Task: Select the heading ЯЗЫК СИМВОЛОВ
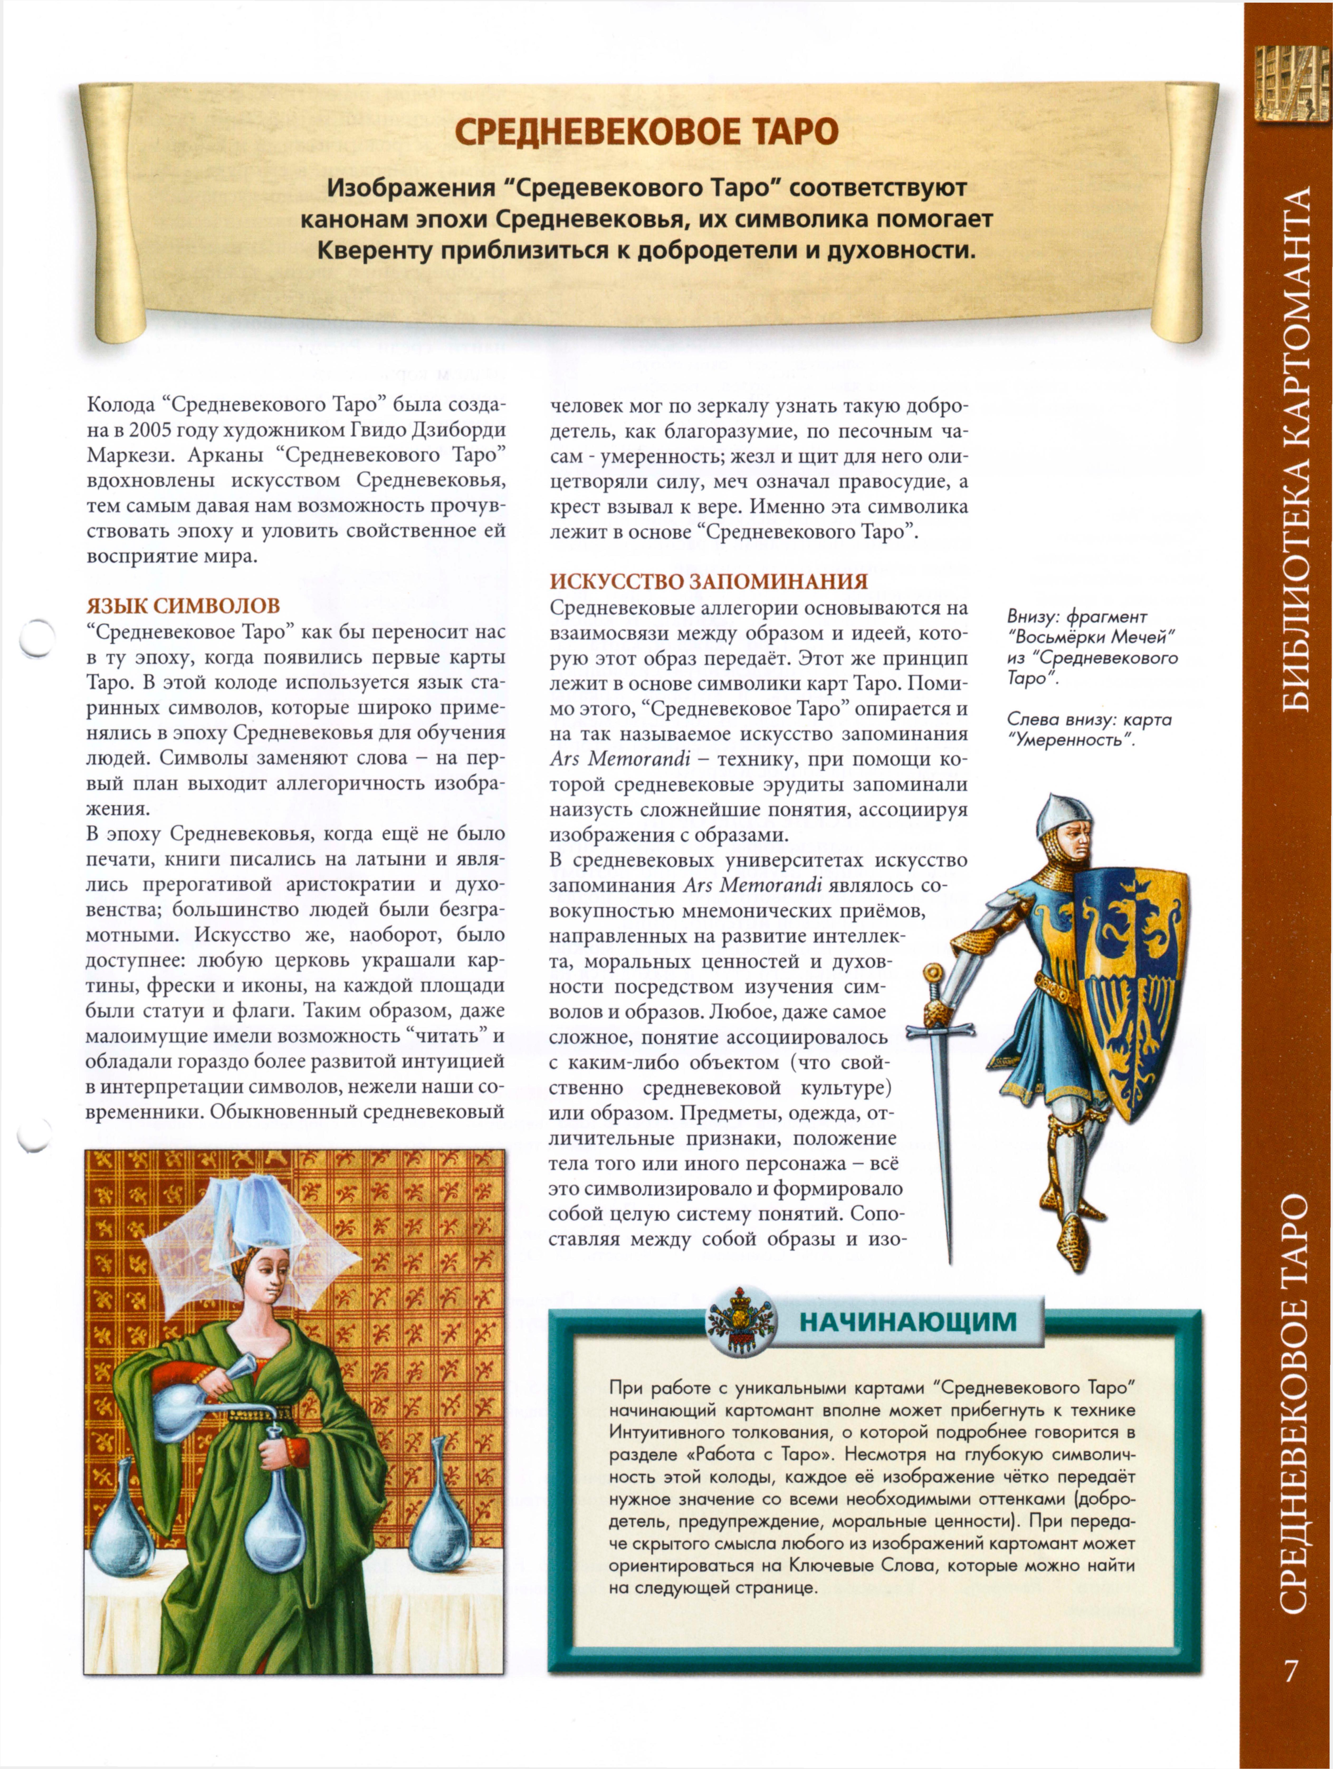[183, 605]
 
